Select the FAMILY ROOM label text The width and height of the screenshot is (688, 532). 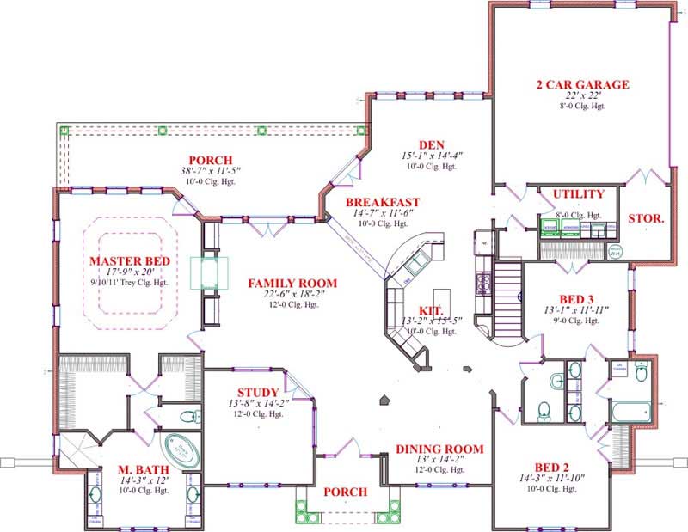(x=292, y=283)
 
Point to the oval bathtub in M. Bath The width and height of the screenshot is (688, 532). (x=181, y=449)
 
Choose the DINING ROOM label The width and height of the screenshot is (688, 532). (x=439, y=449)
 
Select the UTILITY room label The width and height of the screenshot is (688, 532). (x=578, y=194)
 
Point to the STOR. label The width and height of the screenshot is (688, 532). (x=646, y=218)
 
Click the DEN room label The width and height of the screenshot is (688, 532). (x=431, y=144)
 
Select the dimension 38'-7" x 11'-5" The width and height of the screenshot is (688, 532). (x=206, y=171)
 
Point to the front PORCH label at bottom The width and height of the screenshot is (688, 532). (x=345, y=492)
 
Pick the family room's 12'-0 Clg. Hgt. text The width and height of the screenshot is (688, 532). (x=292, y=309)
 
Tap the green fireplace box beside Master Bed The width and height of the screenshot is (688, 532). (x=212, y=272)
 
